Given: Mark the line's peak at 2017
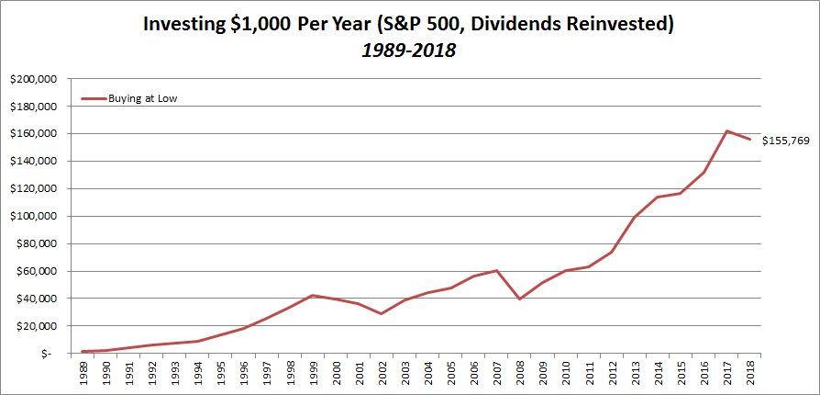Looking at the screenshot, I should coord(726,130).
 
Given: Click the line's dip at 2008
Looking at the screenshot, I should coord(520,299).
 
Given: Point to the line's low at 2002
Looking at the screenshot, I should coord(382,314).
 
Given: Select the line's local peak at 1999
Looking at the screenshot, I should coord(313,295).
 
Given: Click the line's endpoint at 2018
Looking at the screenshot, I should coord(751,140).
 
